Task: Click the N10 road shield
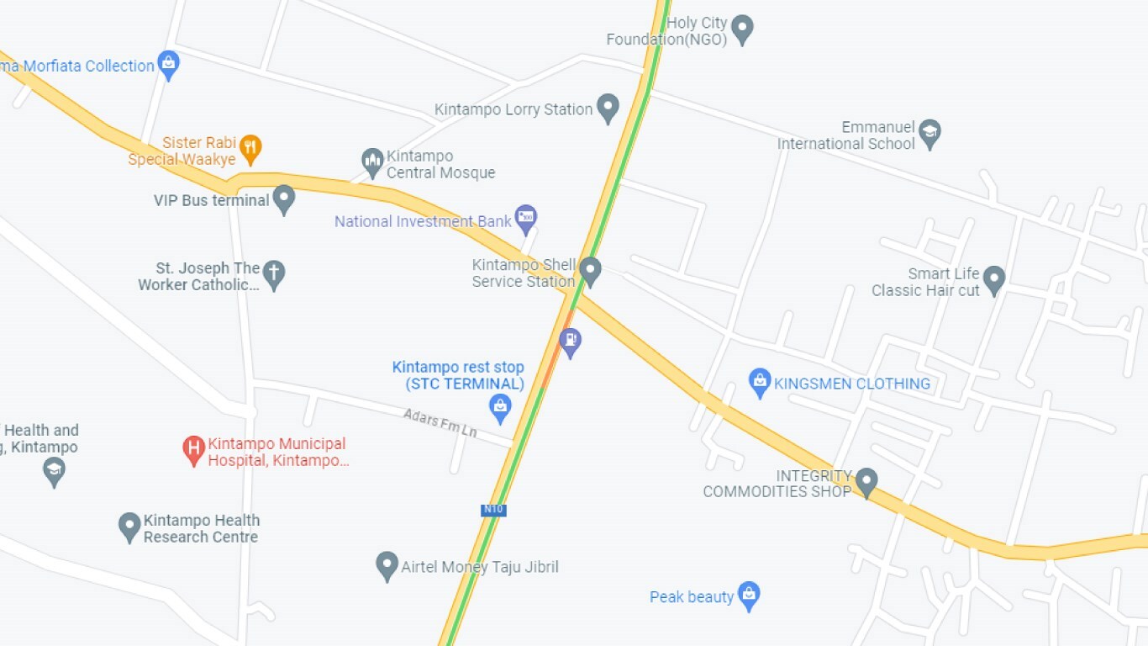point(494,510)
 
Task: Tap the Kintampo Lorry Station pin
point(607,108)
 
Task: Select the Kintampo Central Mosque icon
point(372,162)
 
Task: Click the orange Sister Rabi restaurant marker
point(250,149)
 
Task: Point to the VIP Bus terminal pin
point(284,199)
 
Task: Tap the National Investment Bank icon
point(526,219)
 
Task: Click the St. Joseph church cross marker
point(274,274)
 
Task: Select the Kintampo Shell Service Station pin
point(590,271)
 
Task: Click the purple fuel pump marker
point(571,342)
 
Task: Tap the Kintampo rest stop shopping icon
point(500,408)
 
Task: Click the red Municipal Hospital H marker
point(194,450)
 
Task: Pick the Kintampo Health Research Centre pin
point(129,527)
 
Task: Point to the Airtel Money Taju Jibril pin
point(387,565)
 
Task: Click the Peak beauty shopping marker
point(749,596)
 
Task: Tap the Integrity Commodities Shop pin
point(866,482)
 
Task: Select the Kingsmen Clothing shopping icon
point(760,383)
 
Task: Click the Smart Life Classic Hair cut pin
point(994,280)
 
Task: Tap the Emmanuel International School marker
point(929,133)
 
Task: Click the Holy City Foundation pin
point(741,29)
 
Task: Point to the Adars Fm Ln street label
point(440,422)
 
